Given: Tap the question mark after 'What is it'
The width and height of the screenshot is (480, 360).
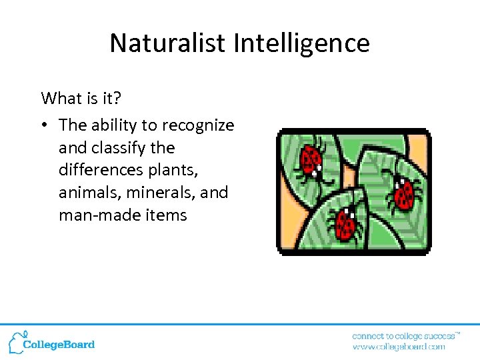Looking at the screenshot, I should click(x=117, y=99).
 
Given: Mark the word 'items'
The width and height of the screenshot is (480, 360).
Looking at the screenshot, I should click(x=163, y=215).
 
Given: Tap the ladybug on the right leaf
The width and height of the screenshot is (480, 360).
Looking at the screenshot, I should click(x=403, y=193).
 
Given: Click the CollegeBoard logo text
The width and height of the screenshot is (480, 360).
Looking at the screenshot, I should click(x=59, y=345).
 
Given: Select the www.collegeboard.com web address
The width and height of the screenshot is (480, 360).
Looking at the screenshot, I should click(x=399, y=347).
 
